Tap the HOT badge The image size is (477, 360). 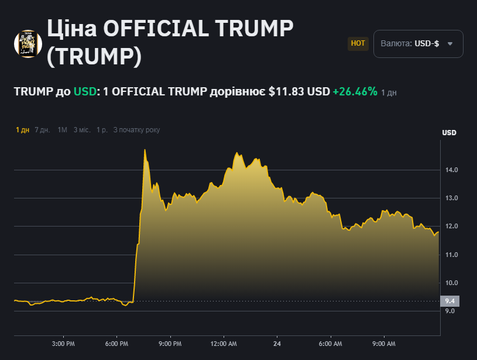coord(358,43)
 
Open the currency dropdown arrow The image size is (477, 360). coord(450,44)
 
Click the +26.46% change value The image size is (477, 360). coord(355,92)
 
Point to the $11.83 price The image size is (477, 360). coord(287,92)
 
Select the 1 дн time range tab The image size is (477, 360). coord(22,130)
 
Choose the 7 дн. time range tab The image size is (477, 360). coord(42,130)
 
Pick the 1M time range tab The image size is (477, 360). coord(62,130)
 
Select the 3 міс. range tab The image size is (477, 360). coord(82,130)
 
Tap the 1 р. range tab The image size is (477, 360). coord(102,130)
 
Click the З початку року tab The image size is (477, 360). coord(136,130)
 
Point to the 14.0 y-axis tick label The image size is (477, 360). coord(451,170)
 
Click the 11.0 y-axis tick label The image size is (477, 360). coord(451,255)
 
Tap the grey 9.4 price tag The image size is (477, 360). coord(450,301)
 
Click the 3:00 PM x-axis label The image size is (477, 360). coord(63,344)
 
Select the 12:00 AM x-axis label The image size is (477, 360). coord(224,344)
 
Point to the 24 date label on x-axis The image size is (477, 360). coord(277,344)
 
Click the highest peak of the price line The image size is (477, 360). coord(145,150)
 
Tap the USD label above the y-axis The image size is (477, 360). coord(449,133)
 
